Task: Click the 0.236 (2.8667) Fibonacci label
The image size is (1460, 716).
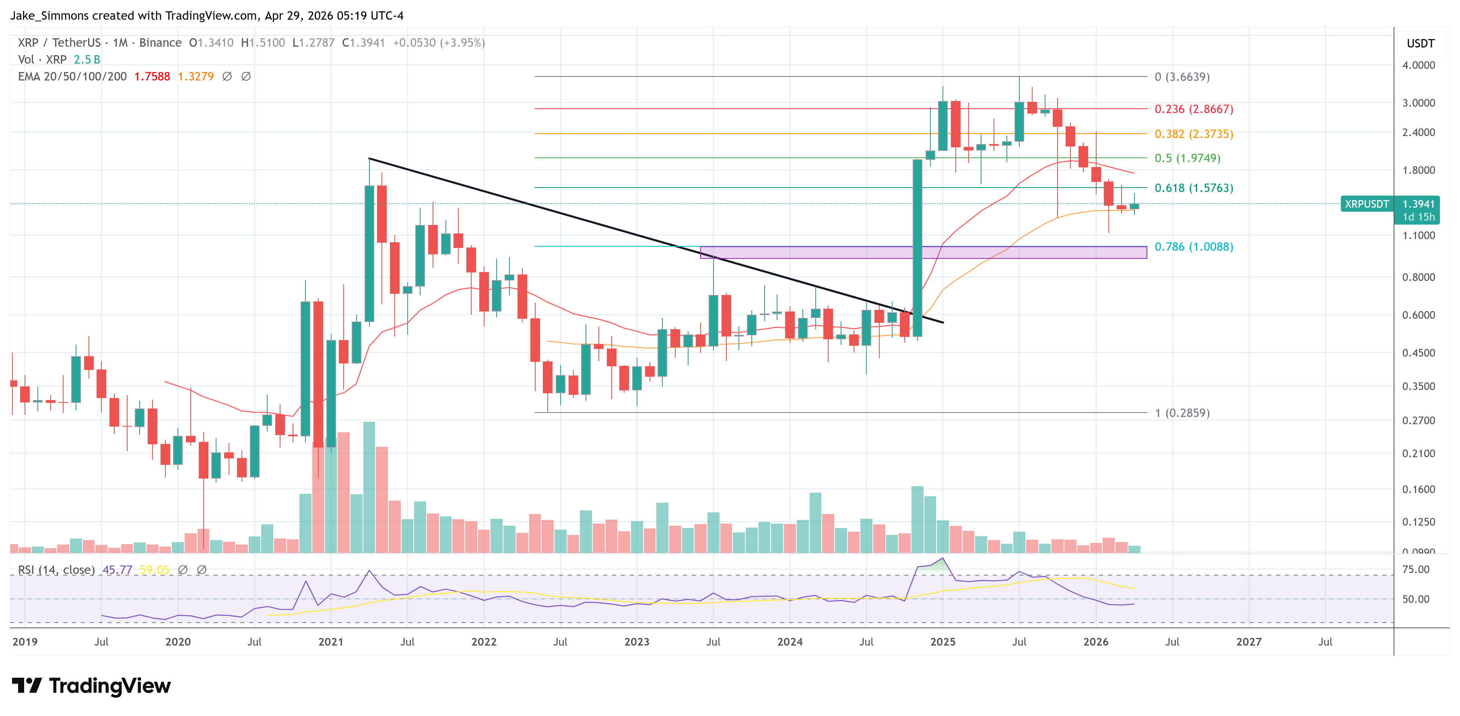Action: click(1194, 109)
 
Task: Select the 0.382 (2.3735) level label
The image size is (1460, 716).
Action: click(1194, 134)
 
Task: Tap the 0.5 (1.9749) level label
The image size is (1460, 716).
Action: click(1188, 158)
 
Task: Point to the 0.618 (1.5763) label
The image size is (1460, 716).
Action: click(1194, 188)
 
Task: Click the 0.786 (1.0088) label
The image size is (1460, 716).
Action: click(1194, 247)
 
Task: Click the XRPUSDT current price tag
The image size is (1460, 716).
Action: click(1367, 204)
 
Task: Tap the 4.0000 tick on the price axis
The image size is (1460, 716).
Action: click(1418, 65)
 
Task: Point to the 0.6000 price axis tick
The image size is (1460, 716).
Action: click(1418, 315)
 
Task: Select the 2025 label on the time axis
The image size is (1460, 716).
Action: click(942, 642)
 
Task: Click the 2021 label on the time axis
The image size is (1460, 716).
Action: click(330, 642)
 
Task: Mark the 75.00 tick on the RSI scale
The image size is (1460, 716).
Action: click(1415, 569)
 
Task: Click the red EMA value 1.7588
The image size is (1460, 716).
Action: click(152, 76)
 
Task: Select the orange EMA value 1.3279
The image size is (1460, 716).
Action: click(196, 76)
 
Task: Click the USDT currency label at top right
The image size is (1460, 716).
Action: click(1420, 43)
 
